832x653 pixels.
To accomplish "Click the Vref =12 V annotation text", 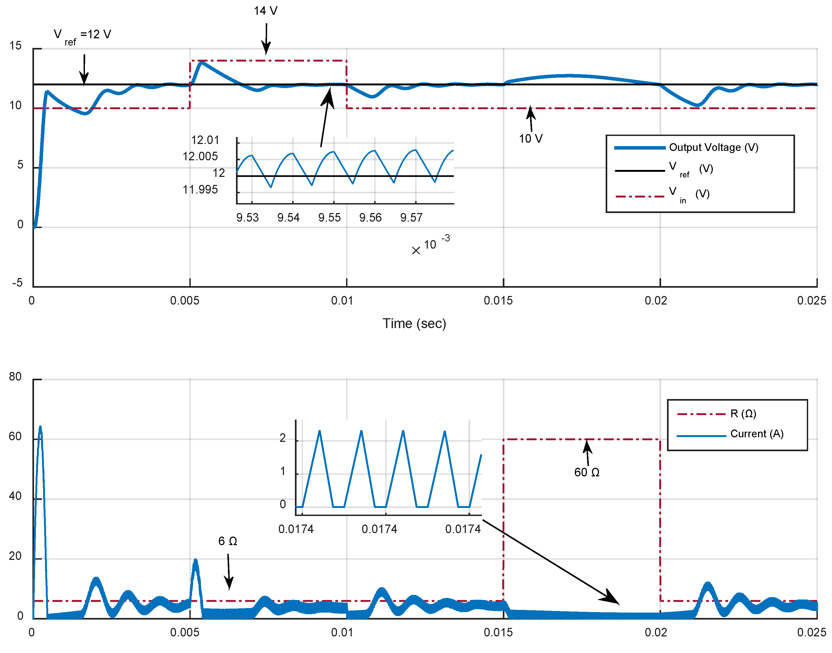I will coord(82,35).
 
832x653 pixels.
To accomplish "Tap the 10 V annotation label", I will coord(530,139).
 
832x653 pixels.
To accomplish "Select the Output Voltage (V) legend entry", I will coord(713,147).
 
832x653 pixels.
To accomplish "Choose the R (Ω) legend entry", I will coord(743,414).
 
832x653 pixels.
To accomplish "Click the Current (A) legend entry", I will coord(756,434).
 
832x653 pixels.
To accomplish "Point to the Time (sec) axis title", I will coord(414,324).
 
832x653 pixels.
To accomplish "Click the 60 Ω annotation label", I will coord(586,473).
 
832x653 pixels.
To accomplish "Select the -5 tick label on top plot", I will coord(17,283).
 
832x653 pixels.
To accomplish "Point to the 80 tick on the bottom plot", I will coord(15,377).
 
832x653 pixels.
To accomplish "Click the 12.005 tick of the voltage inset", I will coord(200,156).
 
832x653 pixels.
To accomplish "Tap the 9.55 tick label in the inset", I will coord(329,218).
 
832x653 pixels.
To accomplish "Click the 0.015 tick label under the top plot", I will coord(498,301).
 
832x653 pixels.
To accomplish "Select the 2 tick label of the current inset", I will coord(282,438).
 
